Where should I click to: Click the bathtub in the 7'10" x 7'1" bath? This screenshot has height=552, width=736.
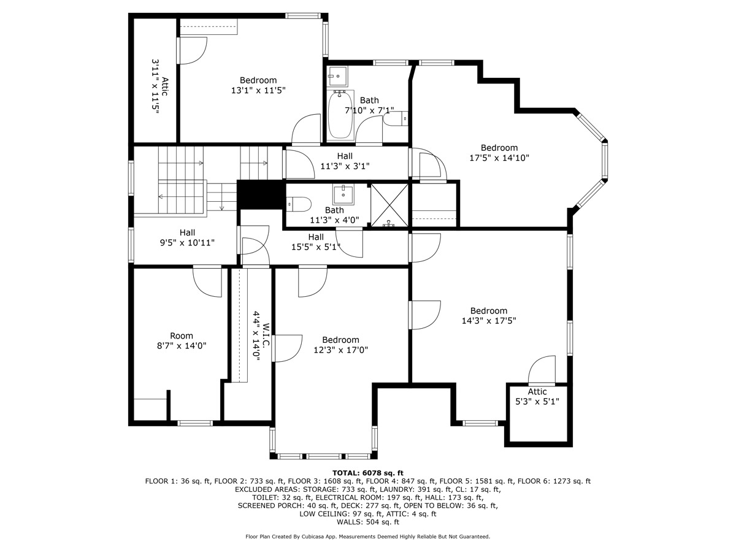[340, 115]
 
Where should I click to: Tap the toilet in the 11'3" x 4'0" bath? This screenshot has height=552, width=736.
[299, 204]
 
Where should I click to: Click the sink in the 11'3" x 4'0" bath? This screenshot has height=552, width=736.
[343, 194]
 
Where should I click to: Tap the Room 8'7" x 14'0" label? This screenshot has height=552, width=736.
[181, 340]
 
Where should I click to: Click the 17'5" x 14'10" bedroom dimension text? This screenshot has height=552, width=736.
[499, 158]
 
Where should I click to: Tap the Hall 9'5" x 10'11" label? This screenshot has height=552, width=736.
[187, 237]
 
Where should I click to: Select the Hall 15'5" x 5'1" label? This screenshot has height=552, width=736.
[316, 242]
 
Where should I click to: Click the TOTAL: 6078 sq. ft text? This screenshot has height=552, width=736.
[368, 472]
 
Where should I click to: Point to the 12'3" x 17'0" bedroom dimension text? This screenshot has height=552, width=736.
[340, 350]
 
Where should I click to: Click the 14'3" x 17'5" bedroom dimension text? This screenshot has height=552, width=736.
[489, 321]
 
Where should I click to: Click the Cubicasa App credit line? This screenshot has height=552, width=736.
[368, 537]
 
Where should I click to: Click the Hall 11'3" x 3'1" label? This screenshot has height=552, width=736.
[345, 161]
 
